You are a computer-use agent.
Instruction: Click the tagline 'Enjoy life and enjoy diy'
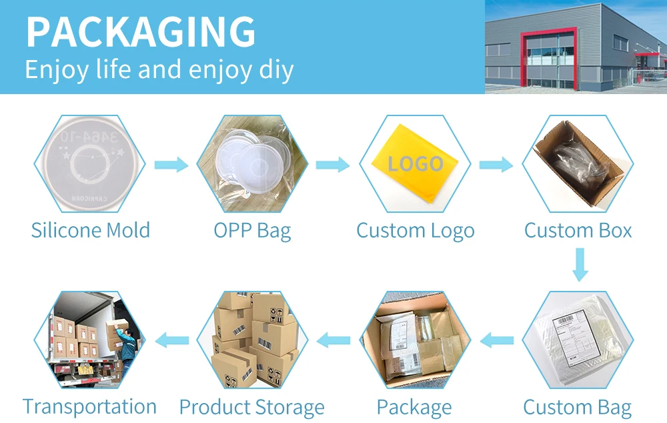pos(159,69)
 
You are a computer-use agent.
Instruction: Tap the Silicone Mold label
pos(91,230)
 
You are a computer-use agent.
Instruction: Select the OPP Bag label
pos(252,231)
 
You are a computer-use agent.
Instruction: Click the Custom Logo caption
pos(415,231)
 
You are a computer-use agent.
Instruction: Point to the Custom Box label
pos(578,230)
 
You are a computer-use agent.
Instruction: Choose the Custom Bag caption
pos(577,407)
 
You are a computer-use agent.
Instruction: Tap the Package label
pos(414,407)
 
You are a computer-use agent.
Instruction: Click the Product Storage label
pos(251,407)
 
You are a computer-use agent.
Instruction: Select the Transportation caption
pos(89,406)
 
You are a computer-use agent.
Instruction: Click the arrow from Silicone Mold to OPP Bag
pos(171,165)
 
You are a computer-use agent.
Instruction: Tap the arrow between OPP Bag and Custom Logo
pos(333,165)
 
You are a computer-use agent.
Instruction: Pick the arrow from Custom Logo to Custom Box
pos(496,165)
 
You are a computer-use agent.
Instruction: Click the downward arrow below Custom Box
pos(580,264)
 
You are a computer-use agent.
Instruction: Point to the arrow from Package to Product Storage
pos(333,341)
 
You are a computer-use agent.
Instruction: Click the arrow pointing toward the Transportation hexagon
pos(172,341)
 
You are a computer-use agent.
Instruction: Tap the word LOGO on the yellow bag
pos(416,164)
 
